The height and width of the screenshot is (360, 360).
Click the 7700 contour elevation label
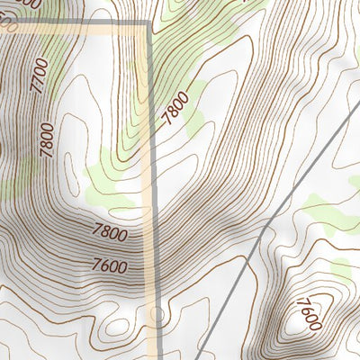pos(39,76)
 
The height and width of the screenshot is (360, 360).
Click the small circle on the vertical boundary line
pos(157,314)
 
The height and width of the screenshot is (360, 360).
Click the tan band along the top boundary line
pos(81,30)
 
